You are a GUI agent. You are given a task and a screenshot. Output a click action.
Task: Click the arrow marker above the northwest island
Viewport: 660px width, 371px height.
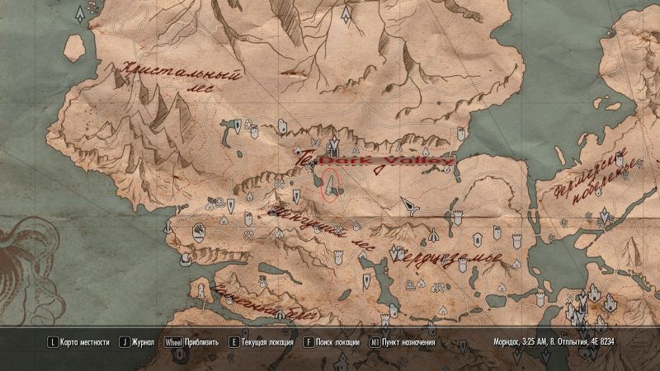(78, 14)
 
